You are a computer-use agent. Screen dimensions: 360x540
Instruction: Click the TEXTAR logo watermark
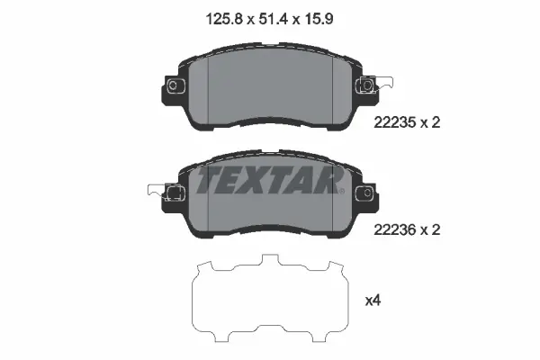click(270, 182)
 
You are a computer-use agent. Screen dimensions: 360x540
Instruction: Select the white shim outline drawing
click(270, 297)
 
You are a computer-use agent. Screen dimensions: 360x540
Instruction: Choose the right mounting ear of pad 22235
click(367, 85)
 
